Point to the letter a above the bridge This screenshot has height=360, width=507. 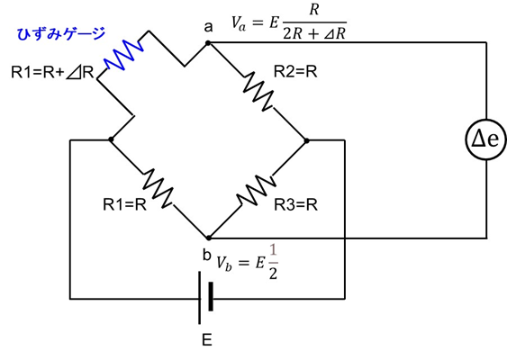208,26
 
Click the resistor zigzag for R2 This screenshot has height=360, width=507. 257,90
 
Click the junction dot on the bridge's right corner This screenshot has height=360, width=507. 307,140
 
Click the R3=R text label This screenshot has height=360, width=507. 294,204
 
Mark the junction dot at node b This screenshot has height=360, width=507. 208,238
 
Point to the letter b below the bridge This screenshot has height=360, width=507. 206,255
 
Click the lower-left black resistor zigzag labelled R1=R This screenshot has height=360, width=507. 159,188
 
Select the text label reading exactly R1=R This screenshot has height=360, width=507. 125,204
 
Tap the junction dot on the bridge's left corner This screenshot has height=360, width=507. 111,140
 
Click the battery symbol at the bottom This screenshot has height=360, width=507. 205,298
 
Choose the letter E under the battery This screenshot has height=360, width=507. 206,340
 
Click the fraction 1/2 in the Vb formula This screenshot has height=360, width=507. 273,263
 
